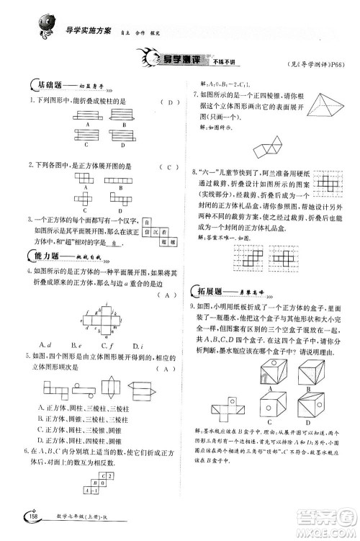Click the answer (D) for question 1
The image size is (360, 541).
[169, 102]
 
